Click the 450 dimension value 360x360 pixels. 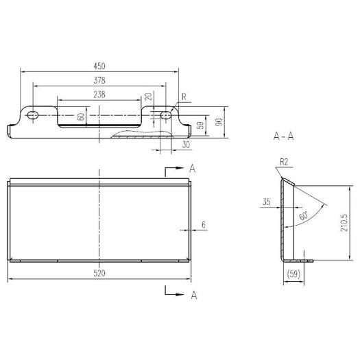click(x=99, y=66)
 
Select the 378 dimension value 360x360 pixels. click(x=99, y=80)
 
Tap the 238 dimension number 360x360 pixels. click(x=99, y=95)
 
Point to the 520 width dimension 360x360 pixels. click(x=99, y=274)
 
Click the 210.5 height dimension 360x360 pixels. click(x=344, y=223)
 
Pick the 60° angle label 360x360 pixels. click(x=304, y=216)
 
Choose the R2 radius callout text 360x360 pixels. click(x=284, y=163)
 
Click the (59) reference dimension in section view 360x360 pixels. click(x=293, y=274)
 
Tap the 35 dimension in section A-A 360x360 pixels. click(x=267, y=202)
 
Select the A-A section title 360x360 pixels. click(x=284, y=136)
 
